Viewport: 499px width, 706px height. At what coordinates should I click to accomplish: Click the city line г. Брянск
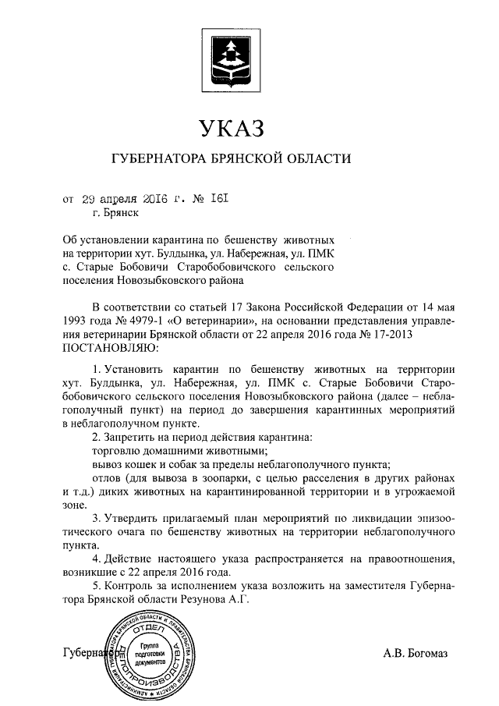click(x=115, y=211)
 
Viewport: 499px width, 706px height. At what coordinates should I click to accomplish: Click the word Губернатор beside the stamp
click(x=88, y=652)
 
